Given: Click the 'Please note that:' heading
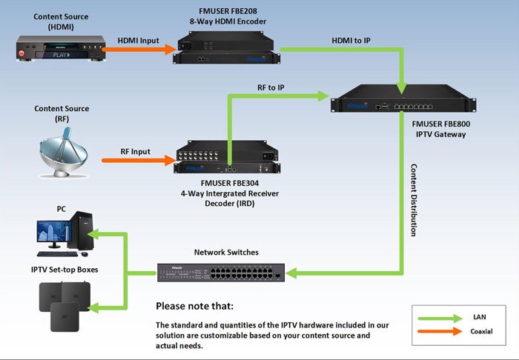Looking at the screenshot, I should [195, 306].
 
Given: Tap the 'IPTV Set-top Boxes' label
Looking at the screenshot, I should [65, 270].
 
